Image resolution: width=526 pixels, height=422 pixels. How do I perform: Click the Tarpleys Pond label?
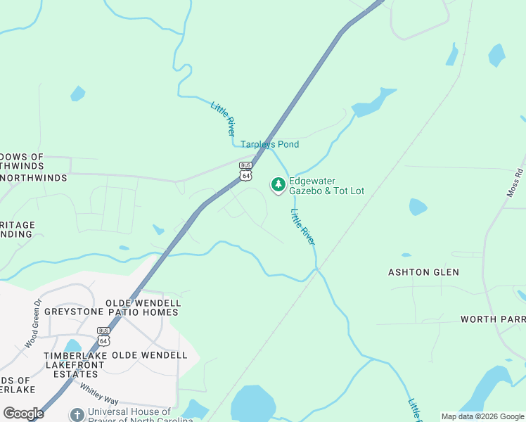click(269, 144)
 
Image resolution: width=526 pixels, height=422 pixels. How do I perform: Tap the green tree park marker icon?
click(278, 185)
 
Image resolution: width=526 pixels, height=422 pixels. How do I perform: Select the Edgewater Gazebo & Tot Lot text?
click(326, 186)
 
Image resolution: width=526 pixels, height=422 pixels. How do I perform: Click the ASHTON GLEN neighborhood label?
click(423, 272)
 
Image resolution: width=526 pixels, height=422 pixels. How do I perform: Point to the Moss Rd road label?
click(518, 182)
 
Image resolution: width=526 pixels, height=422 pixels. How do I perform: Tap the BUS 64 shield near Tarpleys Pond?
click(245, 171)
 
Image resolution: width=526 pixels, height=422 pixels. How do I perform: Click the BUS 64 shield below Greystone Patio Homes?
click(103, 336)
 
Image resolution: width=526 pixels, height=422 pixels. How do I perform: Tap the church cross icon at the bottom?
click(76, 415)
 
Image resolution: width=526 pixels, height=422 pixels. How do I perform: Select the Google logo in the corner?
click(23, 414)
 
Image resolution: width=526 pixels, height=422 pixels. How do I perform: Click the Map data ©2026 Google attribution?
click(482, 416)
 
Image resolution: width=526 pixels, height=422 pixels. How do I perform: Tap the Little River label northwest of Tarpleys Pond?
click(223, 118)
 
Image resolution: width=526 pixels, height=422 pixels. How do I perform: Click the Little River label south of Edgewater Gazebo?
click(303, 226)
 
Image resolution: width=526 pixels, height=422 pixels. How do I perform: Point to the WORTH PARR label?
click(492, 319)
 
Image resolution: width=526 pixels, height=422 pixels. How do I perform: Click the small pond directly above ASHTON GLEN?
click(418, 207)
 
